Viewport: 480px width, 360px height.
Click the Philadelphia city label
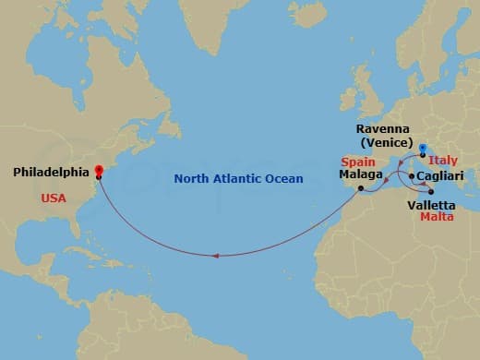(52, 172)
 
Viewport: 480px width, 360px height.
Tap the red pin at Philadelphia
(99, 170)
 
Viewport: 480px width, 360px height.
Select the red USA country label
(54, 198)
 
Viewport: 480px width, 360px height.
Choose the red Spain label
(355, 162)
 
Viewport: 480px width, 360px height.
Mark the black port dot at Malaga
(361, 189)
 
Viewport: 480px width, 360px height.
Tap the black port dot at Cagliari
(411, 174)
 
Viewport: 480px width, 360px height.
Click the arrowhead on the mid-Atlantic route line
(215, 256)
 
